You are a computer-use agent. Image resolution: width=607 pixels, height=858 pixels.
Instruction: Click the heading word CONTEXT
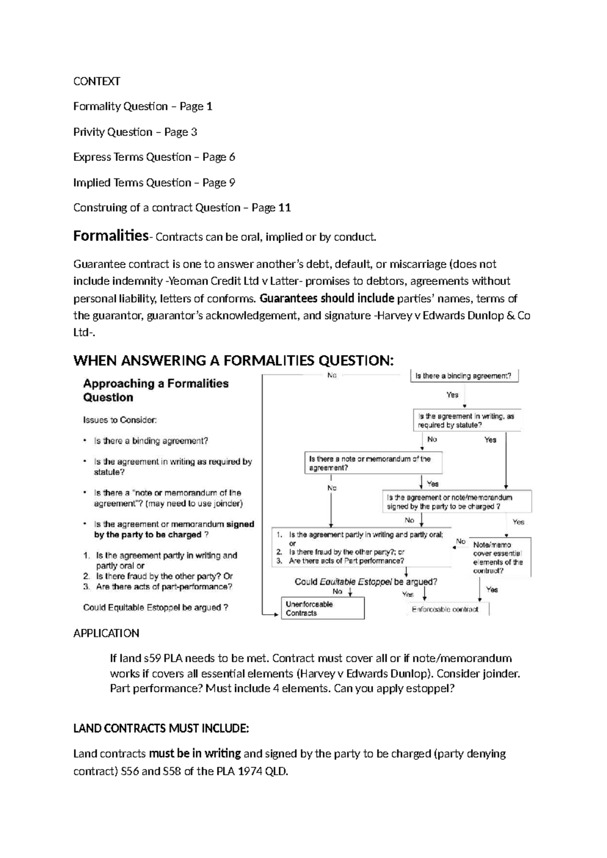[97, 81]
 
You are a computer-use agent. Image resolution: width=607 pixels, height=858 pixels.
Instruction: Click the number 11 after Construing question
[284, 208]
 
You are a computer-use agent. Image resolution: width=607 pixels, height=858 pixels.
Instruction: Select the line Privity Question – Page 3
[135, 132]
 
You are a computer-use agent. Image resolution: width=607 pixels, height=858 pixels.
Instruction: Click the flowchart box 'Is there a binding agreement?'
[463, 376]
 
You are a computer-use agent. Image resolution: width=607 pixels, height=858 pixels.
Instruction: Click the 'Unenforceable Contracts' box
[322, 608]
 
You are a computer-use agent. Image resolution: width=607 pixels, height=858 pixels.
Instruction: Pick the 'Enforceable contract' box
[445, 609]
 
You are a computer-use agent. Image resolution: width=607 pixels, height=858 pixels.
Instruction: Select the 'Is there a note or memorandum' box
[373, 463]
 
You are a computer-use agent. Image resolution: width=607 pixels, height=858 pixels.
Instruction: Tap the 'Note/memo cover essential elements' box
[499, 557]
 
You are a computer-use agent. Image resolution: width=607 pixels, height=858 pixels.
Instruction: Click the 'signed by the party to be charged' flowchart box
[456, 502]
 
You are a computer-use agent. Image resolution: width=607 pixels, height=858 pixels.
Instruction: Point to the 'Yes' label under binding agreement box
[452, 395]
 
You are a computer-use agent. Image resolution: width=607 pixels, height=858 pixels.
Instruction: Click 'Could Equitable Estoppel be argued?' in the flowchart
[366, 582]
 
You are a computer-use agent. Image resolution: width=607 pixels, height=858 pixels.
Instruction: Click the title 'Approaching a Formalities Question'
[156, 390]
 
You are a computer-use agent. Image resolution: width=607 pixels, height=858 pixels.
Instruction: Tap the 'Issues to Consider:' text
[120, 419]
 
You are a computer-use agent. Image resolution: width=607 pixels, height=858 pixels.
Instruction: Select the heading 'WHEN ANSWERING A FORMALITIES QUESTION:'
[233, 361]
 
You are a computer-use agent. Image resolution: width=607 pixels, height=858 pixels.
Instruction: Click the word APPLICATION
[106, 633]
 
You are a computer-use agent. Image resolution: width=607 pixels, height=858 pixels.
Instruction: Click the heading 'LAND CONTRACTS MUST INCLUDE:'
[161, 728]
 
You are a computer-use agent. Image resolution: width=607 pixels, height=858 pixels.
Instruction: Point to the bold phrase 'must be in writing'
[195, 754]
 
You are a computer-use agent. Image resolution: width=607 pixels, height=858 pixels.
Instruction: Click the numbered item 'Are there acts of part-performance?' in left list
[164, 587]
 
